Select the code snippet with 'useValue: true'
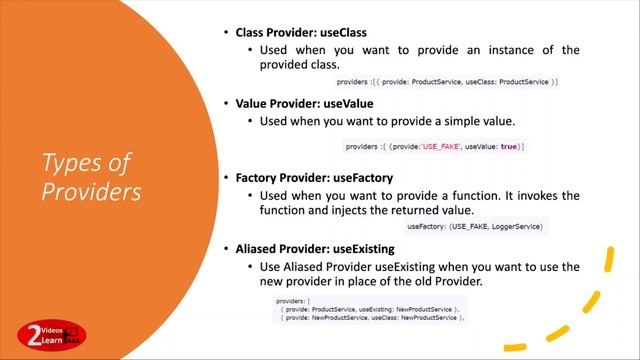pos(434,147)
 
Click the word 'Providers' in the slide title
pos(91,192)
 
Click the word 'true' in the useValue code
pos(509,147)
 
